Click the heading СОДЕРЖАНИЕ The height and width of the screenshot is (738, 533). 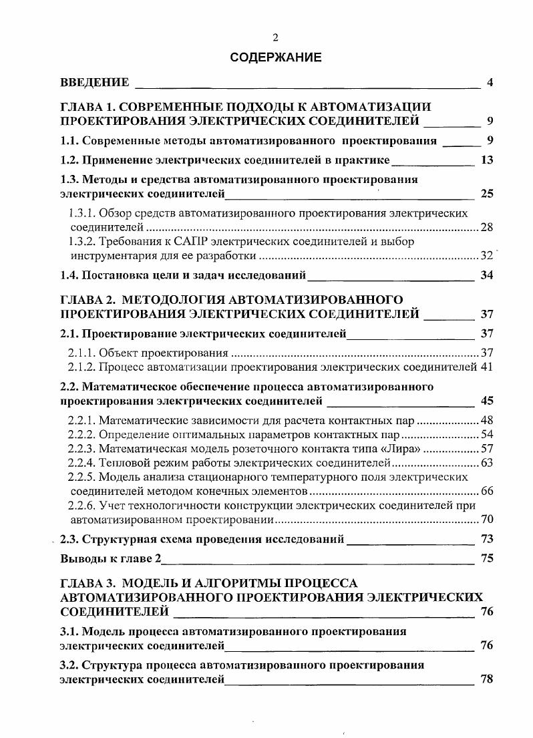tap(275, 57)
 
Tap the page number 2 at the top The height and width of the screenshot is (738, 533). tap(275, 38)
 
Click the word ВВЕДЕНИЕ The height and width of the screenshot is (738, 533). tap(94, 83)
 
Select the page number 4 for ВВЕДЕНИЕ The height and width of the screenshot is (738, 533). tap(490, 83)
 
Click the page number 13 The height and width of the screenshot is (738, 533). tap(486, 160)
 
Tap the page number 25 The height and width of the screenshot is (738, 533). tap(486, 194)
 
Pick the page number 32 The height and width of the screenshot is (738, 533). tap(487, 256)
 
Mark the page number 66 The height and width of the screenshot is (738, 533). tap(487, 491)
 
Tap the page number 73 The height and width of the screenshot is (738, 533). tap(486, 539)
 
